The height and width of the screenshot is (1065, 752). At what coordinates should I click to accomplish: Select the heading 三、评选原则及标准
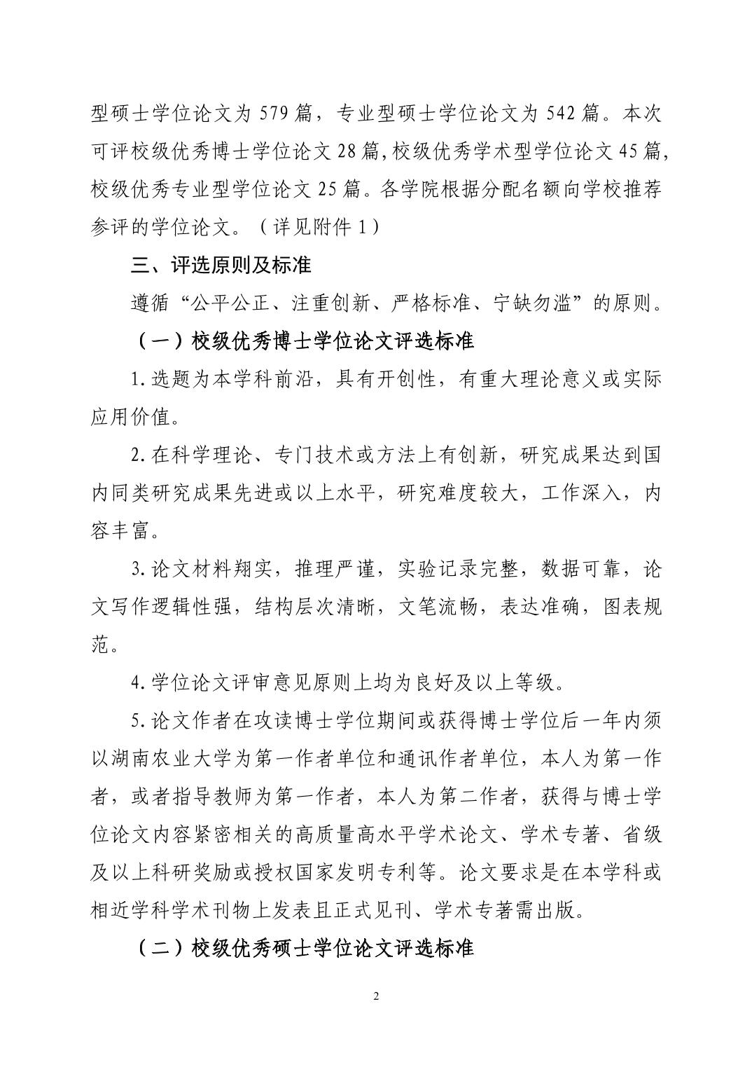coord(222,266)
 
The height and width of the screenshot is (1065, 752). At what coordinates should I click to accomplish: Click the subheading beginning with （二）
coord(305,949)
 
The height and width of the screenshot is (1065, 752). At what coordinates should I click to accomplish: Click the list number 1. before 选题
coord(139,380)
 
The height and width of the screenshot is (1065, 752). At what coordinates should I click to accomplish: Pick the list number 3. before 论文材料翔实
coord(139,570)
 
